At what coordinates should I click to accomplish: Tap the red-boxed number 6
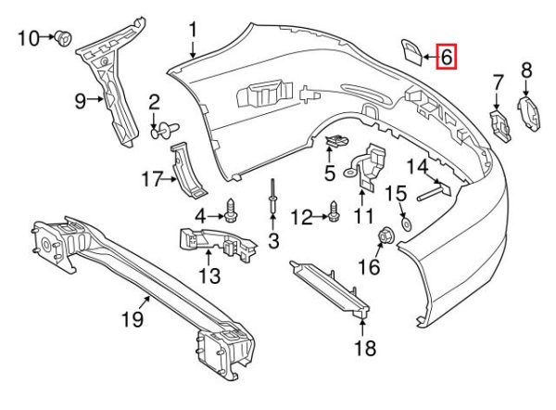(x=445, y=58)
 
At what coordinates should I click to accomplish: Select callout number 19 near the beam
(x=133, y=320)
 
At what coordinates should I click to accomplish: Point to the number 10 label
(x=29, y=38)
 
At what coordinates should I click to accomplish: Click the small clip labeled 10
(x=64, y=38)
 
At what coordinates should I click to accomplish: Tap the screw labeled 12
(x=332, y=215)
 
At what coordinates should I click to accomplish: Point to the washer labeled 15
(x=407, y=223)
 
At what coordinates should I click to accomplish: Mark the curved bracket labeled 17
(x=189, y=169)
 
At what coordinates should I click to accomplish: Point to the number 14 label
(x=417, y=167)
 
